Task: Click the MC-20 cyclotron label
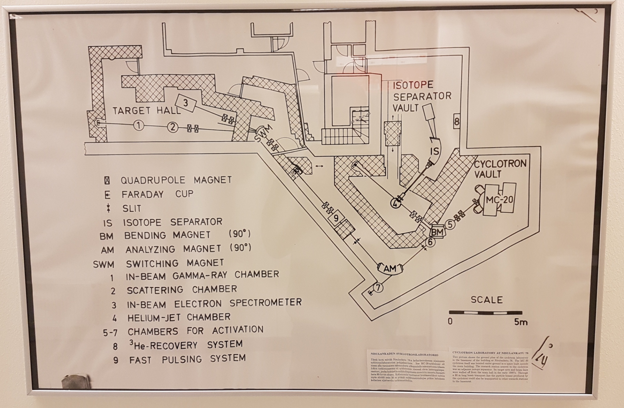pyautogui.click(x=499, y=200)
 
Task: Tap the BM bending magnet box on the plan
pyautogui.click(x=437, y=232)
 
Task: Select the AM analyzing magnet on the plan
pyautogui.click(x=390, y=268)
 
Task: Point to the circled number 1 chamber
pyautogui.click(x=139, y=126)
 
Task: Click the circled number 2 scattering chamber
pyautogui.click(x=173, y=127)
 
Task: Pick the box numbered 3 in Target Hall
pyautogui.click(x=186, y=103)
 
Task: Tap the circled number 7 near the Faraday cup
pyautogui.click(x=378, y=287)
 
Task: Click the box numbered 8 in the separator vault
pyautogui.click(x=457, y=121)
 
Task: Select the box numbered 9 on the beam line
pyautogui.click(x=336, y=218)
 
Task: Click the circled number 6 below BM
pyautogui.click(x=430, y=242)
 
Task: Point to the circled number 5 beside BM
pyautogui.click(x=450, y=225)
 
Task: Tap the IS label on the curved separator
pyautogui.click(x=435, y=151)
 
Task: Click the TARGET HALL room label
pyautogui.click(x=147, y=111)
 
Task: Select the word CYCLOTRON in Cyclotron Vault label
pyautogui.click(x=500, y=164)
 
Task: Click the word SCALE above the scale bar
pyautogui.click(x=487, y=300)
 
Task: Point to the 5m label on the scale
pyautogui.click(x=521, y=322)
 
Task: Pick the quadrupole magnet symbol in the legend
pyautogui.click(x=107, y=180)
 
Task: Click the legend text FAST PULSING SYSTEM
pyautogui.click(x=187, y=359)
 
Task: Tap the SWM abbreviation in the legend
pyautogui.click(x=103, y=264)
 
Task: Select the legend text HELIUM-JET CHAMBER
pyautogui.click(x=179, y=317)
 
